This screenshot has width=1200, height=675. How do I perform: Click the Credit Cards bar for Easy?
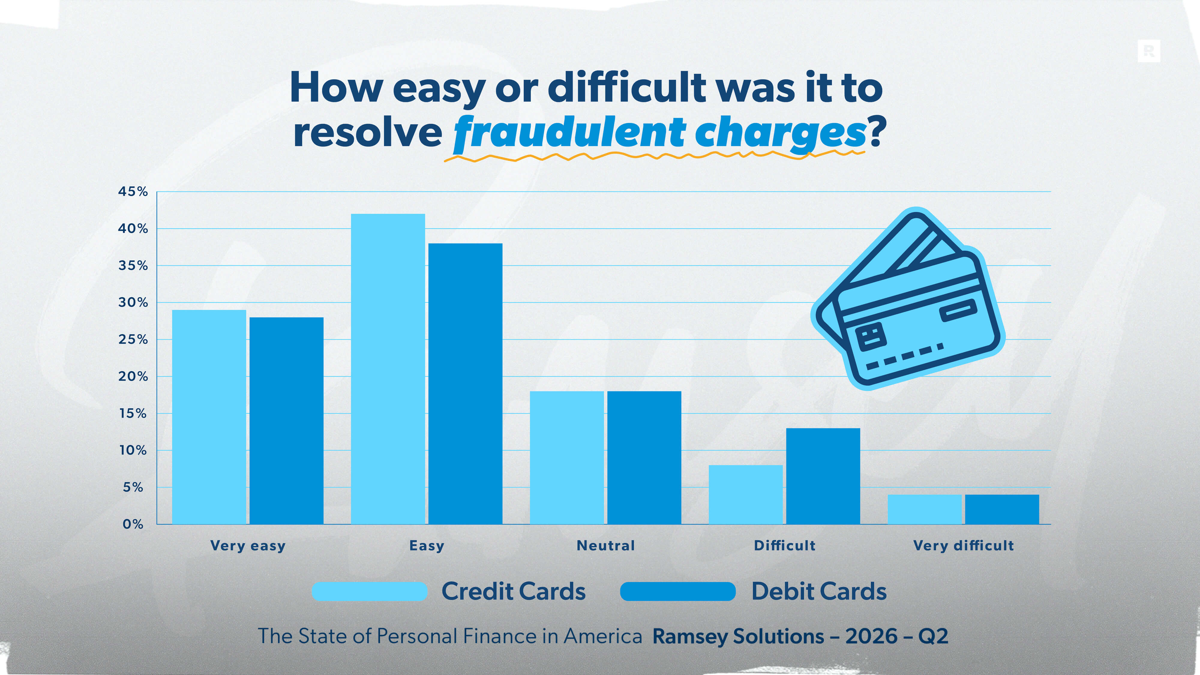(x=388, y=369)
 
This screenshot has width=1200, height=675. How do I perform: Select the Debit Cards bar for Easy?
(x=465, y=384)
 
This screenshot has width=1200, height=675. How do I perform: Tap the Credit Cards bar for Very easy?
(x=209, y=417)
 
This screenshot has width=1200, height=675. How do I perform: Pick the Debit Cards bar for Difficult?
(x=823, y=476)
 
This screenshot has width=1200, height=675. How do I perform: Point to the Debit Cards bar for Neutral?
(x=644, y=457)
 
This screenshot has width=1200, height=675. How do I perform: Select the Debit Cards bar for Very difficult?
(x=1002, y=509)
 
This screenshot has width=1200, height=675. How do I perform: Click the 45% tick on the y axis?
(x=133, y=191)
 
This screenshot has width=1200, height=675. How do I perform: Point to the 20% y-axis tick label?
(x=133, y=376)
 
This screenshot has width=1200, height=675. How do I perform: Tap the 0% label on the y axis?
(x=133, y=524)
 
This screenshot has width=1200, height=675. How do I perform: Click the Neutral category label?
(x=606, y=545)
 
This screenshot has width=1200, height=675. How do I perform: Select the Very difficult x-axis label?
(x=963, y=545)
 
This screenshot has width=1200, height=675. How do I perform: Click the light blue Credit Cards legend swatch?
(x=369, y=591)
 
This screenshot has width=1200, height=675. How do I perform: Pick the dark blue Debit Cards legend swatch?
(x=678, y=591)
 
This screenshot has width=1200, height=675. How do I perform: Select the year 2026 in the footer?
(x=871, y=636)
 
